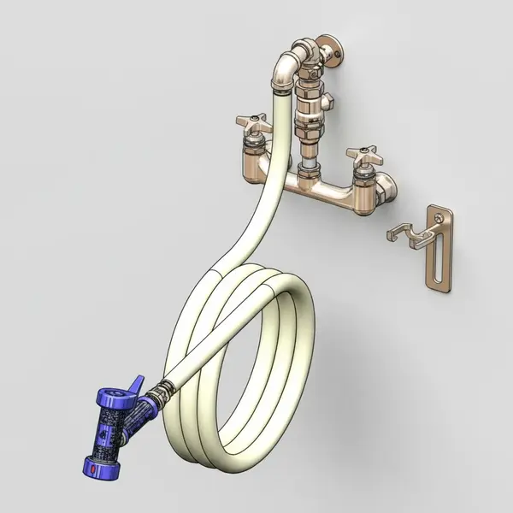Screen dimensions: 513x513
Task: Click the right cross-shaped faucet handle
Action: pos(362,156)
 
